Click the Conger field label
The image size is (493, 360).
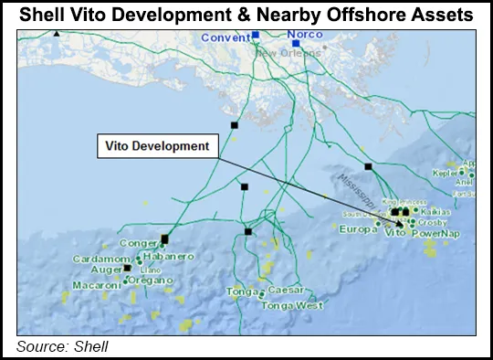tap(140, 244)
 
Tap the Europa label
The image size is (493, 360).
tap(357, 228)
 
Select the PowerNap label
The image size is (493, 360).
tap(438, 233)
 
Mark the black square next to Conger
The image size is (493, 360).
tap(164, 239)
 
